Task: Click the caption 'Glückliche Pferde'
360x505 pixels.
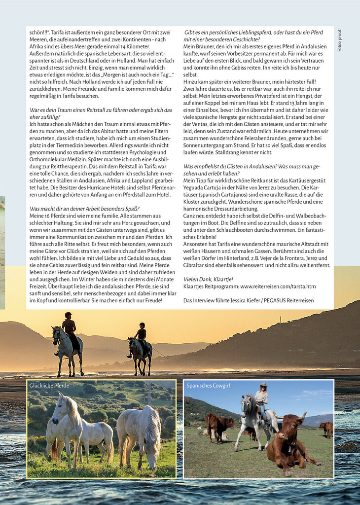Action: click(x=49, y=385)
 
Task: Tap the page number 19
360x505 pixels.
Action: click(x=331, y=484)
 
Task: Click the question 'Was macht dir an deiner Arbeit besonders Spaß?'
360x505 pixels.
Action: click(x=84, y=209)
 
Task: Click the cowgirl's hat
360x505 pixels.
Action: click(x=263, y=385)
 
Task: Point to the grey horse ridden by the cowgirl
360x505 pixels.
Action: click(x=251, y=416)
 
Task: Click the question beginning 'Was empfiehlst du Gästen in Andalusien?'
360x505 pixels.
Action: click(x=252, y=167)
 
